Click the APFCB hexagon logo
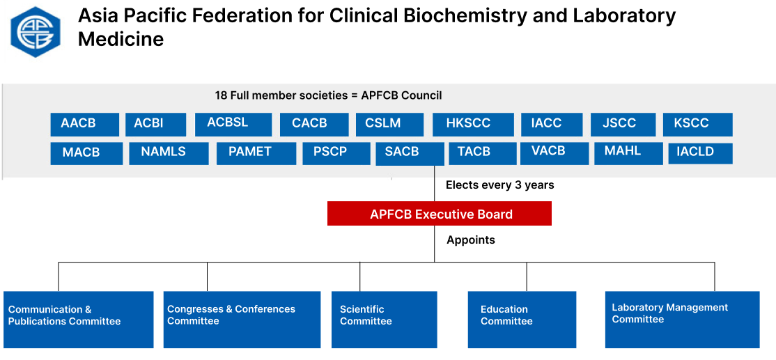click(36, 32)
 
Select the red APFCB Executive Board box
click(440, 214)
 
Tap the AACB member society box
click(84, 124)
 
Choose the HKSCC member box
click(472, 124)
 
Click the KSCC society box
click(698, 124)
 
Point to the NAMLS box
click(169, 153)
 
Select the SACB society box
click(410, 154)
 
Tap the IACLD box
click(700, 153)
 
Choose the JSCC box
click(623, 124)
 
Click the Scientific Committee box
click(384, 320)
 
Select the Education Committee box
click(522, 320)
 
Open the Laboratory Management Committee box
click(683, 320)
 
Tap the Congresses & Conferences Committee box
click(242, 320)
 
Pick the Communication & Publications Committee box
click(79, 320)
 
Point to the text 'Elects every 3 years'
click(500, 185)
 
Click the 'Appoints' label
click(471, 240)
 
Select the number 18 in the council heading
click(221, 95)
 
